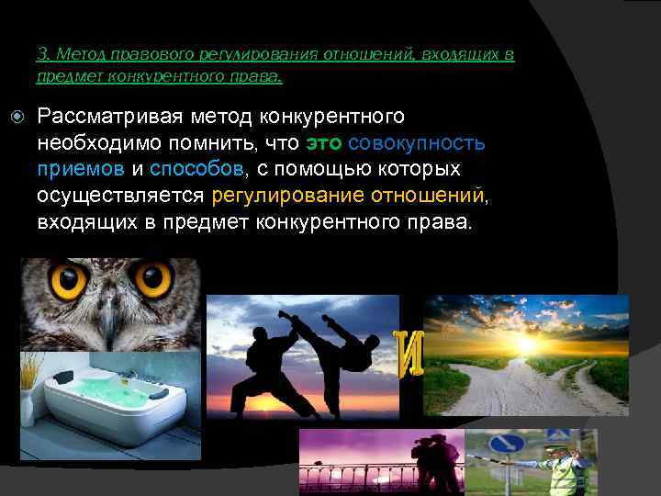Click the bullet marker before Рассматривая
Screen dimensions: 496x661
(19, 117)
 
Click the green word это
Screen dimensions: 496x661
(324, 144)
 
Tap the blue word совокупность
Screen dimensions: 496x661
(418, 144)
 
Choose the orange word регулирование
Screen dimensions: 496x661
(287, 196)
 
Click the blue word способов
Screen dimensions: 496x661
(196, 170)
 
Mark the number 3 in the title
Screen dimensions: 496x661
(41, 54)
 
